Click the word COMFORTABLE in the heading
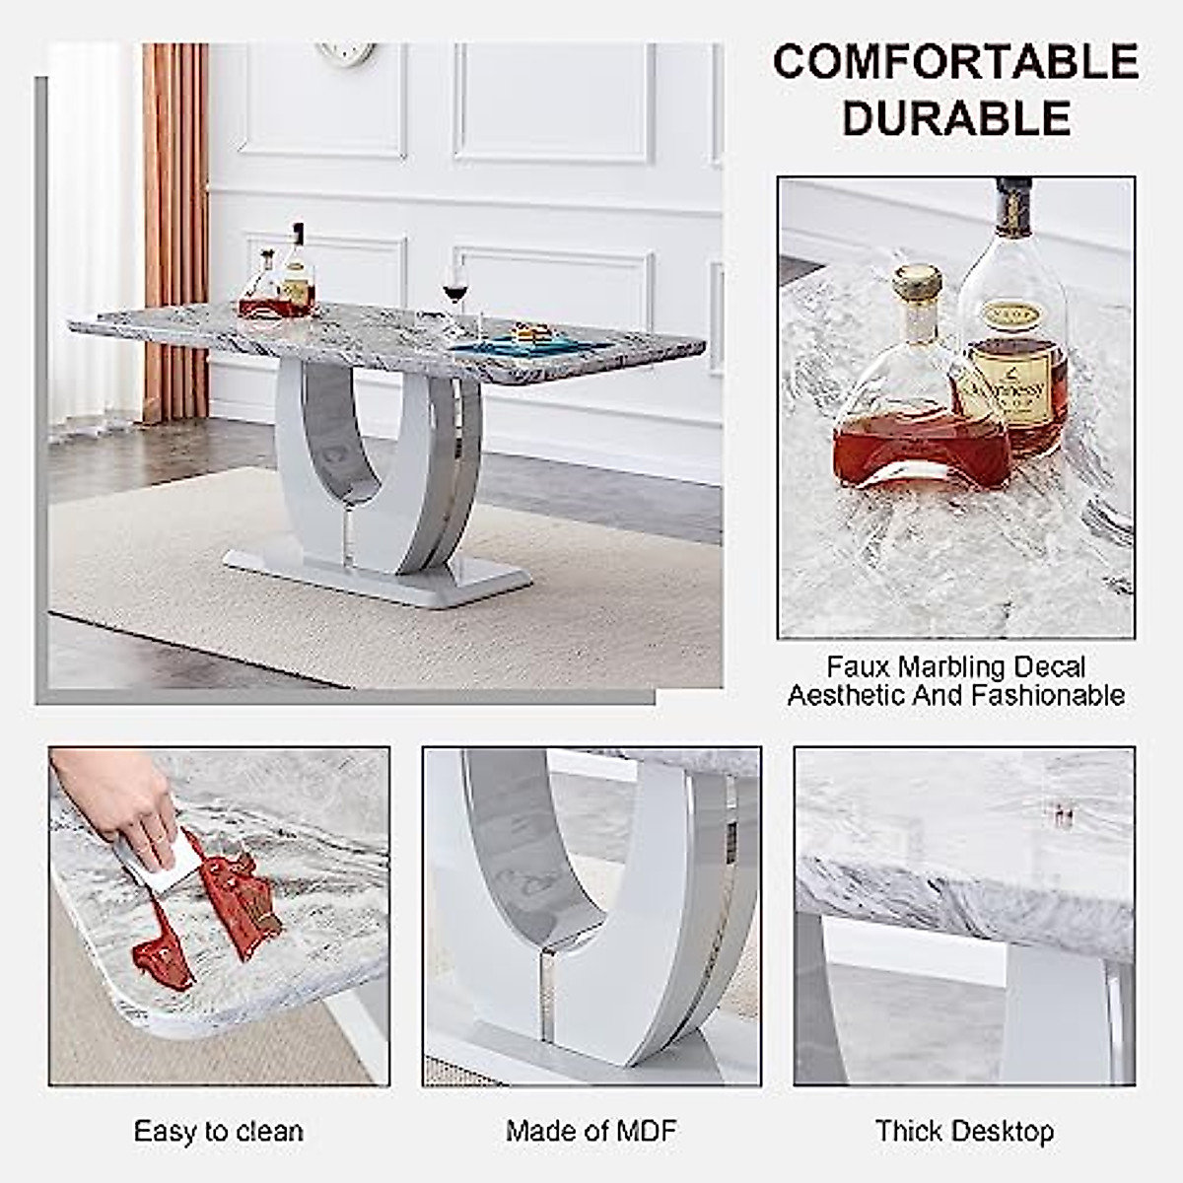pyautogui.click(x=955, y=62)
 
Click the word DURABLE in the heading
pyautogui.click(x=955, y=119)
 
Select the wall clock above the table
pyautogui.click(x=347, y=52)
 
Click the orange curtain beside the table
pyautogui.click(x=175, y=227)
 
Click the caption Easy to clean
pyautogui.click(x=218, y=1131)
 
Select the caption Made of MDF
pyautogui.click(x=591, y=1131)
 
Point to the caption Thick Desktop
pyautogui.click(x=964, y=1131)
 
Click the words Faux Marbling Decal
pyautogui.click(x=955, y=667)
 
